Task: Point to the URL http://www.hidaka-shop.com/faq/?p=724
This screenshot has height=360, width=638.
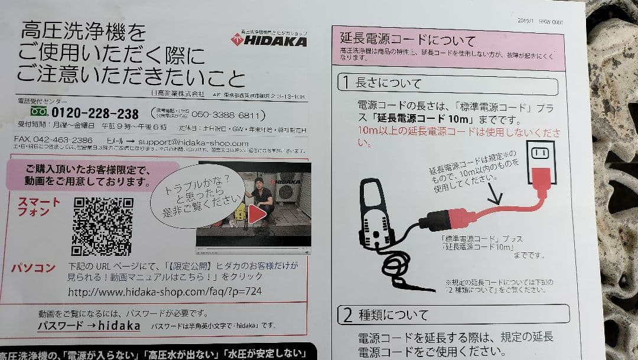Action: coord(165,291)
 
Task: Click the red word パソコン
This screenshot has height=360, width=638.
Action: coord(34,268)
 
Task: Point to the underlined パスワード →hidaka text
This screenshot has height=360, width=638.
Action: coord(89,326)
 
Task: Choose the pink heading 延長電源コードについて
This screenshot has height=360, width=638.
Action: coord(408,40)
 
